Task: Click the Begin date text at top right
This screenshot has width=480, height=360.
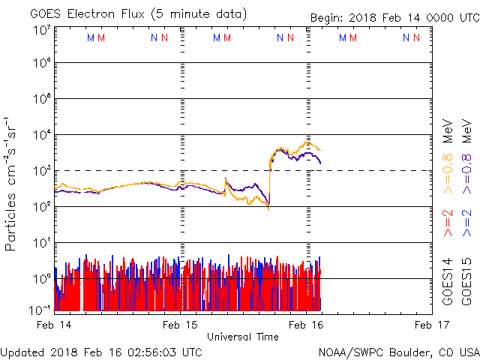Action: (x=394, y=19)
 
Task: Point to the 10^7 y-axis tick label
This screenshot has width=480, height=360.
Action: (x=40, y=30)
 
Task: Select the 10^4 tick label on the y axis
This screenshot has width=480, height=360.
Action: (x=40, y=135)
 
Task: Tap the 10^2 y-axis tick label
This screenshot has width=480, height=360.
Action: (x=40, y=207)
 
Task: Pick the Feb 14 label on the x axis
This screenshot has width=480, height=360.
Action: (x=55, y=325)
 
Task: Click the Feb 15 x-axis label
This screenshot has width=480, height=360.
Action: (x=181, y=325)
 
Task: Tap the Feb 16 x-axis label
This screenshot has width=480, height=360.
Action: (x=306, y=325)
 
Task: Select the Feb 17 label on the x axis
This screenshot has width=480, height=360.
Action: (x=431, y=325)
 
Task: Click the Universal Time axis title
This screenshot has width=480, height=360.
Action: (x=243, y=337)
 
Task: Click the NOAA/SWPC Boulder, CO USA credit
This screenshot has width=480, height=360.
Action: (x=398, y=352)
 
